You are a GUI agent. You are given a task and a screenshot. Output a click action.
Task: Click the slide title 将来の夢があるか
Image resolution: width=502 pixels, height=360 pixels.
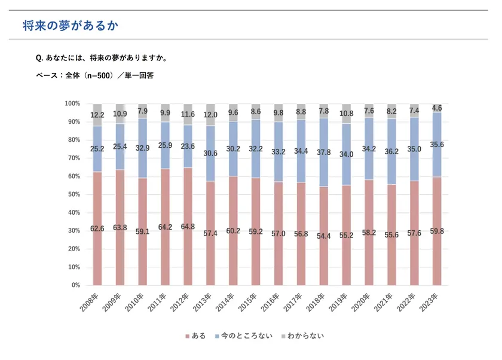point(71,26)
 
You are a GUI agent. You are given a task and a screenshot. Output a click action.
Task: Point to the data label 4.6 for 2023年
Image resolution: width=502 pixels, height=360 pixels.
point(437,108)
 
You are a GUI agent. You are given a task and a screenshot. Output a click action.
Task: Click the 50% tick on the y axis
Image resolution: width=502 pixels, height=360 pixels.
point(73,194)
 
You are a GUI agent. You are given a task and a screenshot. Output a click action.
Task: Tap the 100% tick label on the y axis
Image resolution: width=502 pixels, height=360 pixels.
point(72,103)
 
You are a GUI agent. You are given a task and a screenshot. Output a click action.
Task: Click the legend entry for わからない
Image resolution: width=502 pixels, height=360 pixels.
point(302,336)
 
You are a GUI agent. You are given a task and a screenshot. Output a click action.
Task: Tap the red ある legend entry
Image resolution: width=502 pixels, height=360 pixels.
point(195,336)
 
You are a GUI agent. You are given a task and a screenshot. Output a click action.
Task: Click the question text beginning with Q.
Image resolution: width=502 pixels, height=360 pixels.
point(101,58)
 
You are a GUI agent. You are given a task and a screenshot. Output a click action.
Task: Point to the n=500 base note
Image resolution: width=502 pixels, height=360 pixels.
point(95,75)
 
